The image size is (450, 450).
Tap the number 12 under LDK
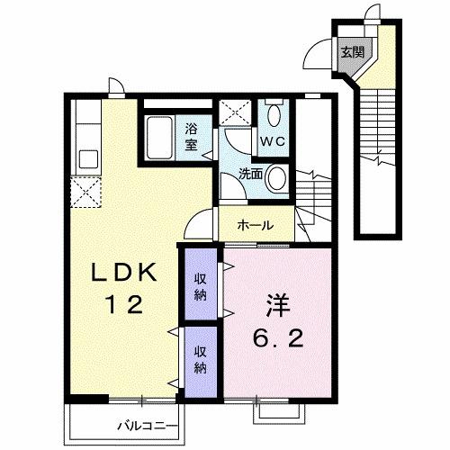122,306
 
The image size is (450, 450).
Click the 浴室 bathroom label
192,135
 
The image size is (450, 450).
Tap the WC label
273,140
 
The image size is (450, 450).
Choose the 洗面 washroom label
251,173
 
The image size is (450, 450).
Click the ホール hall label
256,225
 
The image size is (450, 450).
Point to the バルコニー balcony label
149,423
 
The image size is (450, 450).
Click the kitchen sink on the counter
88,159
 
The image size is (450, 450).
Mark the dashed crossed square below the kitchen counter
88,192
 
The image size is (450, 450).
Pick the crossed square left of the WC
239,116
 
